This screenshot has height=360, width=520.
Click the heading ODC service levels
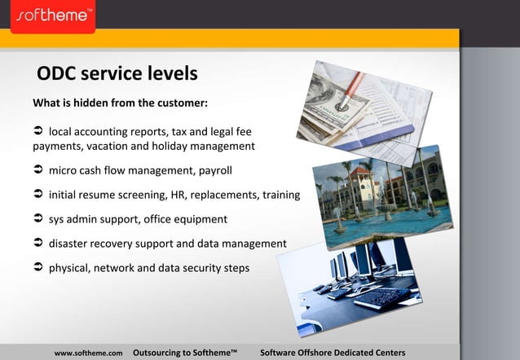point(117,74)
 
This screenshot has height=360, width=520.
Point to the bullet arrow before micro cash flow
point(37,171)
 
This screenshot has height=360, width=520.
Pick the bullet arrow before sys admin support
point(37,219)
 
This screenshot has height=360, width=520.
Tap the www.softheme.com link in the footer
point(88,353)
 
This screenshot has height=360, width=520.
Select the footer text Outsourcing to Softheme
point(184,353)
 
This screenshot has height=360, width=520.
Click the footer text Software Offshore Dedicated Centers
point(332,353)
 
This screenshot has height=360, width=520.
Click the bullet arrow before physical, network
point(37,268)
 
